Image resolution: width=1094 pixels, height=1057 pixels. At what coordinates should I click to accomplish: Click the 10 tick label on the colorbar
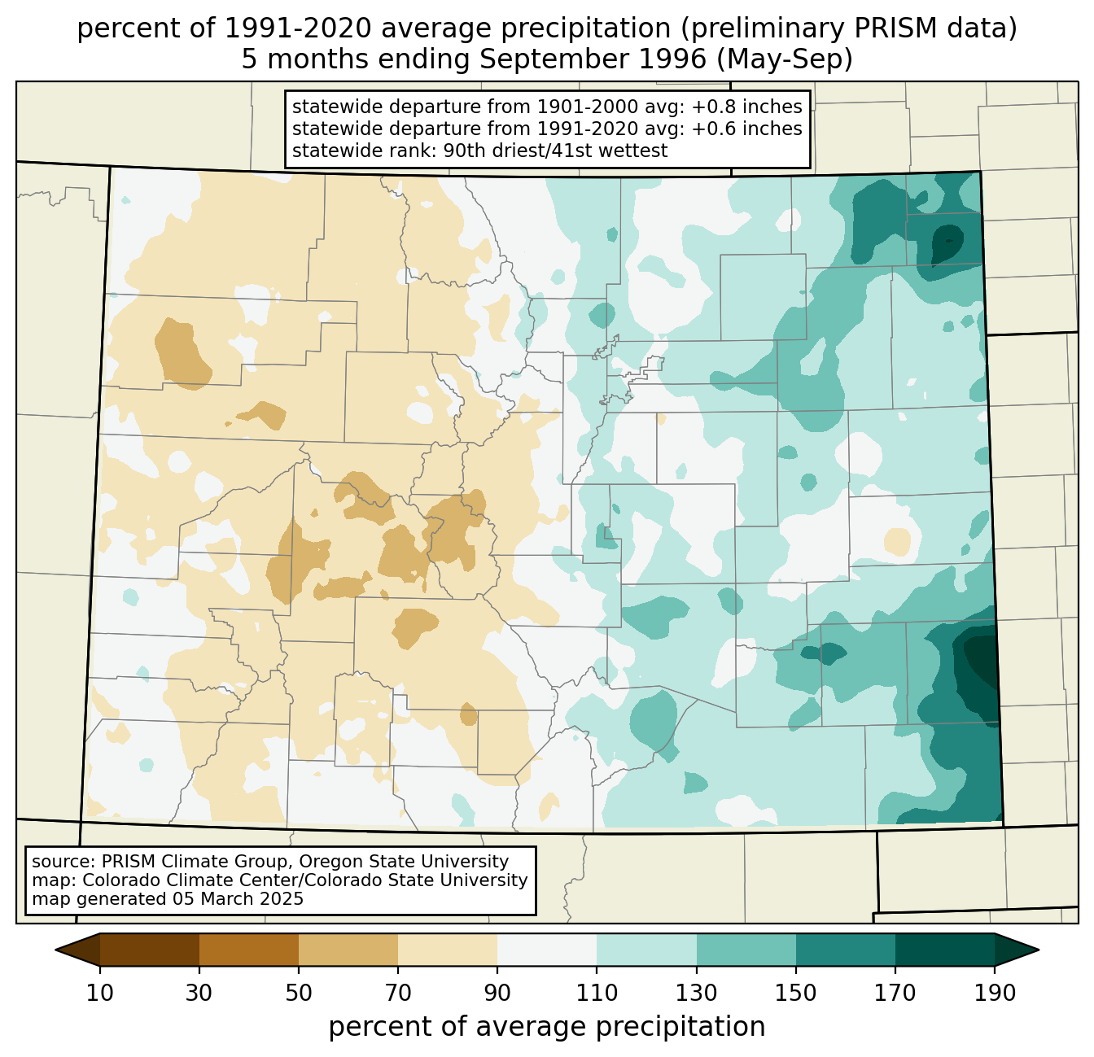coord(99,994)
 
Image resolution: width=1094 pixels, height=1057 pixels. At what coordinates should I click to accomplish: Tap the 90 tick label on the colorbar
coord(497,994)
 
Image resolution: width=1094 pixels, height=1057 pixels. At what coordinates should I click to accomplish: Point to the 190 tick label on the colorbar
coord(995,994)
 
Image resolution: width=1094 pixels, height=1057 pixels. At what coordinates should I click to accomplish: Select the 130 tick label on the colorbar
coord(697,994)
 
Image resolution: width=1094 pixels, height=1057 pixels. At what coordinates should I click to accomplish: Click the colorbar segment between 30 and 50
coord(249,950)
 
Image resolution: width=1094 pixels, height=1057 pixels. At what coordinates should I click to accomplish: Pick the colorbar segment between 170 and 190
coord(945,950)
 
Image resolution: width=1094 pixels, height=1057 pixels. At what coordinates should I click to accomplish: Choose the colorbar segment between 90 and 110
coord(547,950)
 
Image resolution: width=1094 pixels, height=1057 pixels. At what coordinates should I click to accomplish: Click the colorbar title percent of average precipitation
coord(547,1027)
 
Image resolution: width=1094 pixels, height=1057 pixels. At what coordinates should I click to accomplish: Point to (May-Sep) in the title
coord(788,59)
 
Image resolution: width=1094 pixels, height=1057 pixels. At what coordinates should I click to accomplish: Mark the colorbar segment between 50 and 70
coord(348,950)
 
